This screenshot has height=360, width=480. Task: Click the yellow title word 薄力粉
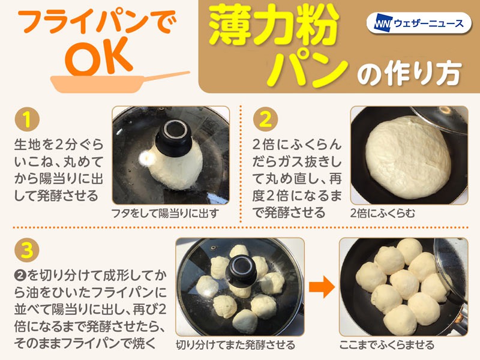point(274,25)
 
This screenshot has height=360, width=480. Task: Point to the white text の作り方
point(409,73)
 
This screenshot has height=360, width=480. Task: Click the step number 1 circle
point(27,119)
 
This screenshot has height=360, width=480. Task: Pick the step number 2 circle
point(265,119)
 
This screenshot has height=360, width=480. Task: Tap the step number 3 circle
point(27,250)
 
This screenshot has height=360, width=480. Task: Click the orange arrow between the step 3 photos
point(322,287)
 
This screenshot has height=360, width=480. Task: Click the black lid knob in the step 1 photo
point(173,138)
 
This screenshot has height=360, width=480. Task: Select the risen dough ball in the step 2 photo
point(408,157)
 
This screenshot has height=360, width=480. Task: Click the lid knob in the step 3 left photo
point(241,271)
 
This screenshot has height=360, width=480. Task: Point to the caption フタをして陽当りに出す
point(165,214)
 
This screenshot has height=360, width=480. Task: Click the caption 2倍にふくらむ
point(383,214)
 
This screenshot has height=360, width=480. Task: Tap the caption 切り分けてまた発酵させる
point(235,345)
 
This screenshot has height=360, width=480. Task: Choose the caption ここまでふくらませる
point(387,345)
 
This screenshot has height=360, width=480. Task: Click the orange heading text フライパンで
point(97,22)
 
